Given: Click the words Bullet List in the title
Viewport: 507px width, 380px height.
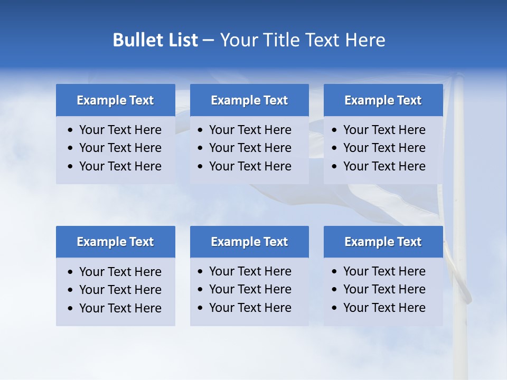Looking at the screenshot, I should (x=155, y=40).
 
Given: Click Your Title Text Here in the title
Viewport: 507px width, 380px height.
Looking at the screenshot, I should (x=302, y=40).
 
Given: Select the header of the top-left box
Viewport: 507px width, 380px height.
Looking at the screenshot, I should (x=115, y=100).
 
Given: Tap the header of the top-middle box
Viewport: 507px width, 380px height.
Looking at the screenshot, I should (x=249, y=100).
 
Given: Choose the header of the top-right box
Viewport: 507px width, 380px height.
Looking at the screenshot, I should (x=383, y=100).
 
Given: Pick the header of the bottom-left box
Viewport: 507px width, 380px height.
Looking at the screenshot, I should (x=115, y=242).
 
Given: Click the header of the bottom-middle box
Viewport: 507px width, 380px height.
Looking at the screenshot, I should (x=249, y=242).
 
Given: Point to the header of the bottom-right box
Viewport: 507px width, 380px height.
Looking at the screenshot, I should (x=383, y=242).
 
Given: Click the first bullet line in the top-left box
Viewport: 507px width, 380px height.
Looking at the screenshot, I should (x=120, y=130).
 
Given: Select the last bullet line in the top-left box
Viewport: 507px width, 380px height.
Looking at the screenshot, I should (x=120, y=166).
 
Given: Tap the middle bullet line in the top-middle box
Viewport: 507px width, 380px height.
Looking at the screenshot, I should (x=250, y=148).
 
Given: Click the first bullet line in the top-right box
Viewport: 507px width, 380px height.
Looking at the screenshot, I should (x=384, y=130).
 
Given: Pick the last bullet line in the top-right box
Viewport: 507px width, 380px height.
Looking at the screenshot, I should (x=384, y=166).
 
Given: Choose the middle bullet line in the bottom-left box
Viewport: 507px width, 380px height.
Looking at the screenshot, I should (x=120, y=290).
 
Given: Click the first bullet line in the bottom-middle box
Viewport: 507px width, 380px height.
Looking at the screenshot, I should (x=250, y=271).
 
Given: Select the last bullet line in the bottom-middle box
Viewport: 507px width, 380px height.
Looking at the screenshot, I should (x=250, y=308).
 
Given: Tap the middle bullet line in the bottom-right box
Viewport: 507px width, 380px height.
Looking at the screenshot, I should (x=384, y=289).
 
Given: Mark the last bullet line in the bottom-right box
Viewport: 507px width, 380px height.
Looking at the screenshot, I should (x=384, y=308).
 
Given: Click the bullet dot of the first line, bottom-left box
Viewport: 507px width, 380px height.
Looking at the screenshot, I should (x=71, y=272).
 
